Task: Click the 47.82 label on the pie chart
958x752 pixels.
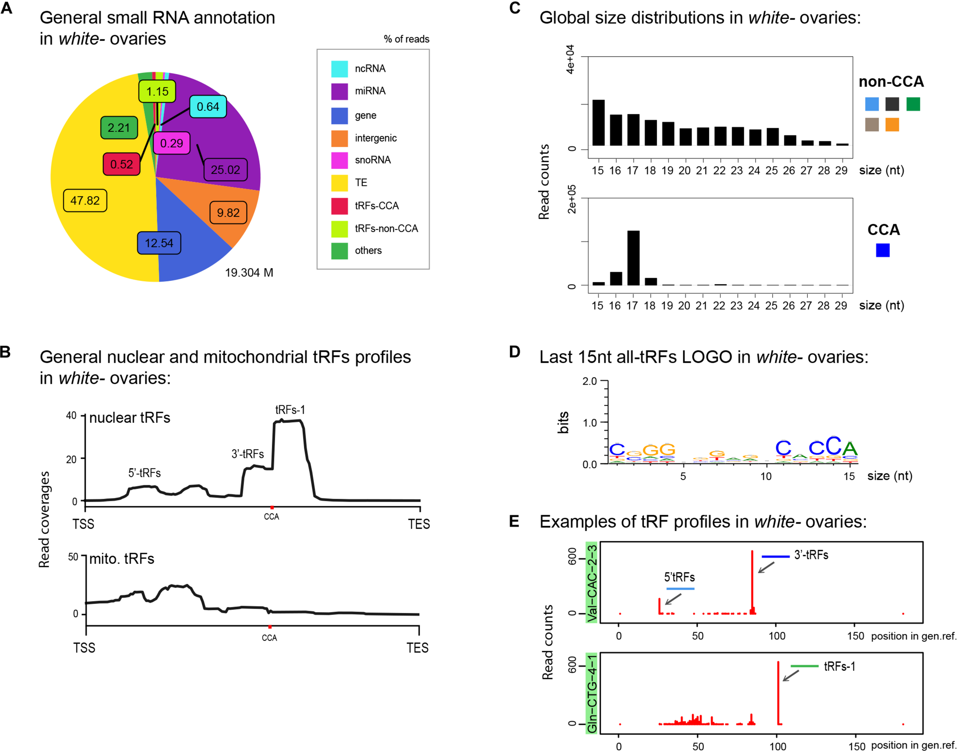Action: tap(85, 200)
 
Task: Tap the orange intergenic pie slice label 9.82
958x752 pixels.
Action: tap(228, 213)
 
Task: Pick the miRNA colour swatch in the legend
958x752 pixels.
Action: tap(339, 92)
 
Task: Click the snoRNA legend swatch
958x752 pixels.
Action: tap(339, 160)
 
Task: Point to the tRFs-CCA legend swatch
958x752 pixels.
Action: tap(339, 206)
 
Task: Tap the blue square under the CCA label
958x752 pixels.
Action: tap(882, 250)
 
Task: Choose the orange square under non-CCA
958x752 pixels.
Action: tap(892, 125)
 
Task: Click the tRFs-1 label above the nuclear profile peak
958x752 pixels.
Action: tap(290, 410)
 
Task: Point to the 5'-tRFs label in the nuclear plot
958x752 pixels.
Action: tap(144, 473)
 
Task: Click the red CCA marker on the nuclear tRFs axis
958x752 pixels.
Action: tap(272, 508)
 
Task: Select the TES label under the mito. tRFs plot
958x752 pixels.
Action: tap(417, 648)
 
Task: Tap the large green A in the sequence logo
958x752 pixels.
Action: tap(850, 449)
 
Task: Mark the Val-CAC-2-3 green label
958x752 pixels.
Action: tap(592, 583)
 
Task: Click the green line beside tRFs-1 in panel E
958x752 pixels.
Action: tap(804, 666)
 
